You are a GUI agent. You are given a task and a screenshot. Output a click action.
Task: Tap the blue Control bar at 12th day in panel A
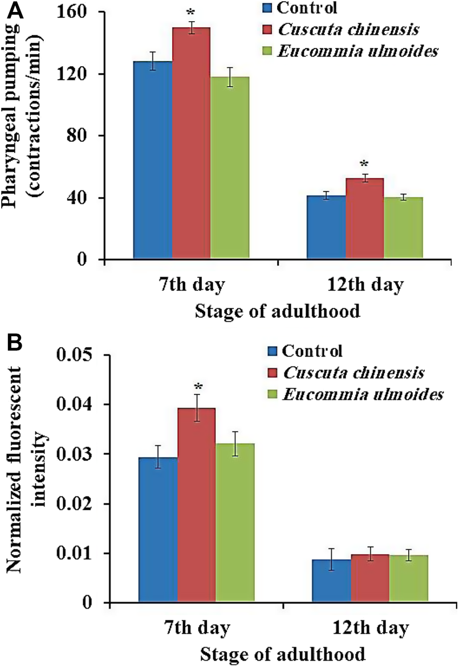pyautogui.click(x=326, y=227)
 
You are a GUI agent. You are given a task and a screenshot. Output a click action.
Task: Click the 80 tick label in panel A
pyautogui.click(x=86, y=136)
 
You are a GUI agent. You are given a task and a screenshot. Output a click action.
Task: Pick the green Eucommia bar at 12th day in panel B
pyautogui.click(x=408, y=579)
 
